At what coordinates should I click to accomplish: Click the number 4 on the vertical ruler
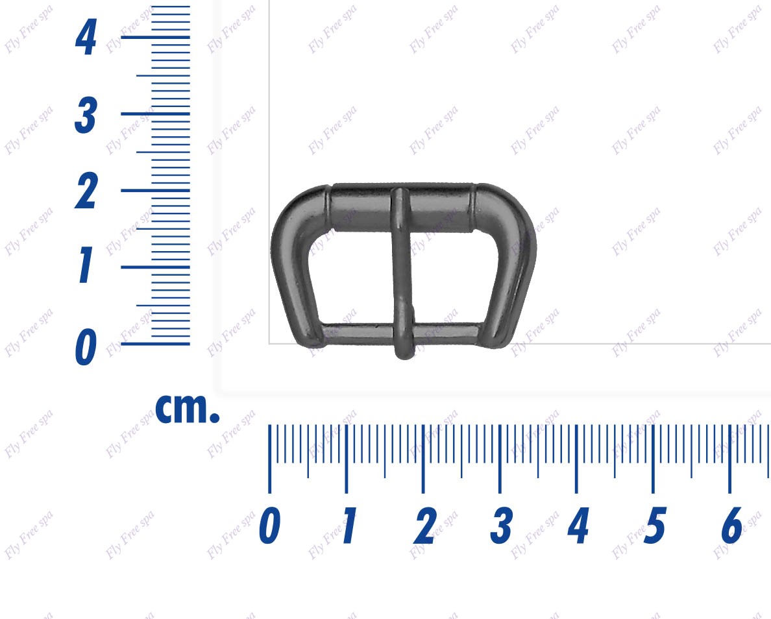(86, 37)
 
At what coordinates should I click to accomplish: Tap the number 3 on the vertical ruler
(86, 115)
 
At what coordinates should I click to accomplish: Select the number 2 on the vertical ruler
(86, 191)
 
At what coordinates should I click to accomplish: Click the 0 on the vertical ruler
(86, 346)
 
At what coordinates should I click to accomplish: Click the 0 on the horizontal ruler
(270, 526)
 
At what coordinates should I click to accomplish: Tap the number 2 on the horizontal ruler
(425, 526)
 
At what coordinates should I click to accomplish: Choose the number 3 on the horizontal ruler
(502, 526)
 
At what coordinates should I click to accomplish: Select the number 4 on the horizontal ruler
(578, 526)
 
